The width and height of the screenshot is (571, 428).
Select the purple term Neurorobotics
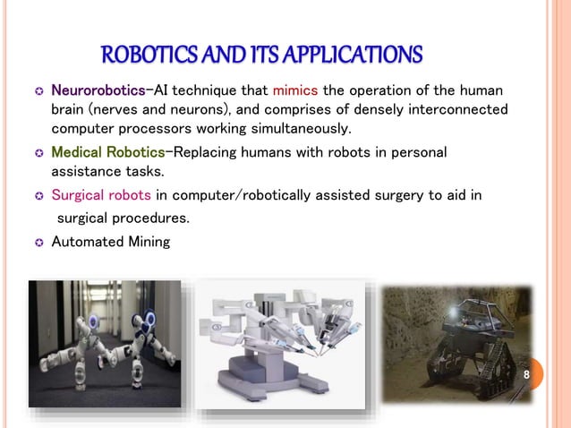click(98, 90)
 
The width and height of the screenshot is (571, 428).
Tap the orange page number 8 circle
click(526, 373)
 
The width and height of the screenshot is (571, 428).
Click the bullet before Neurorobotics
click(38, 91)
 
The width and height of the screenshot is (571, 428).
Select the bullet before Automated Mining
click(38, 241)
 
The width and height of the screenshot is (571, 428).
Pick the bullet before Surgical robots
click(38, 194)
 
